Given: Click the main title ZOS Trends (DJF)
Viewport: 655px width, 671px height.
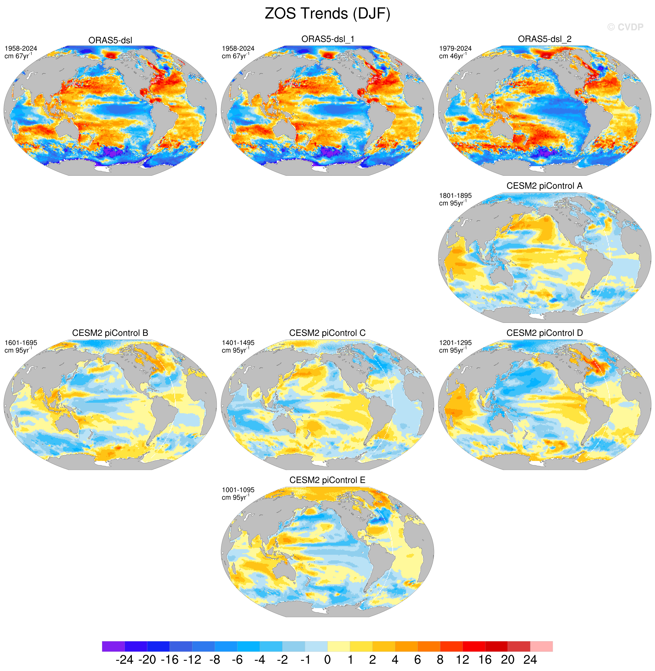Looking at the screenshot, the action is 327,14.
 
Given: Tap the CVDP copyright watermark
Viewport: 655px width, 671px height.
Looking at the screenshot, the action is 625,27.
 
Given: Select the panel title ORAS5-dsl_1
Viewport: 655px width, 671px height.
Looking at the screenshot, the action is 327,39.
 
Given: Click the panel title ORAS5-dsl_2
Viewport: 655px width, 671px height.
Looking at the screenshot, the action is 545,39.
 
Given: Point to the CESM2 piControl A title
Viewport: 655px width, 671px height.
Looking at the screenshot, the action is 545,186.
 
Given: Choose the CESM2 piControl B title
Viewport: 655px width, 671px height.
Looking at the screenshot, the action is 110,333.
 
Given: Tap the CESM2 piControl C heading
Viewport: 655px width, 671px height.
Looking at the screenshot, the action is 327,333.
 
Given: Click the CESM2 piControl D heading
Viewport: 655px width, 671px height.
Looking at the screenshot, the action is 545,333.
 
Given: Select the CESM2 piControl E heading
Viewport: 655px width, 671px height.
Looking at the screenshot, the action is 327,480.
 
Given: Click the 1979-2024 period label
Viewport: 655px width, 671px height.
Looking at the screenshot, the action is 455,48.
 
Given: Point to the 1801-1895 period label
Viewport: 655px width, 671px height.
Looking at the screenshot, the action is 455,196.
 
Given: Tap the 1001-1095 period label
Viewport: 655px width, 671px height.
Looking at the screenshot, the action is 238,490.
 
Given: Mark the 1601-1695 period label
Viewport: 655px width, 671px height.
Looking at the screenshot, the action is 21,343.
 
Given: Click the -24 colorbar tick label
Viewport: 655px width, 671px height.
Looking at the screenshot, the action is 125,660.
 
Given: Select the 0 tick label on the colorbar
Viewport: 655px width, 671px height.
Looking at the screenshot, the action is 327,660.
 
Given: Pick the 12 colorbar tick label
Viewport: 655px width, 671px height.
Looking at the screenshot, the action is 462,660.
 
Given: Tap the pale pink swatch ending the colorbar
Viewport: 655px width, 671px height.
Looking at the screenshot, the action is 542,646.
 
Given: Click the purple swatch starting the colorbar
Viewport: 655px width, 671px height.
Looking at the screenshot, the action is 113,646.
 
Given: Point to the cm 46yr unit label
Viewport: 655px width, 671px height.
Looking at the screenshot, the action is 453,56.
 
